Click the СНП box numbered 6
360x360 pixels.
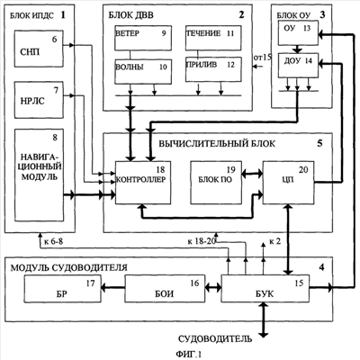(x=39, y=49)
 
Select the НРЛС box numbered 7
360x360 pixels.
(x=39, y=100)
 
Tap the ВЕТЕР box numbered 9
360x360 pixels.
(x=143, y=38)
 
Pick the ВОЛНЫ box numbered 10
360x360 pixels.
(x=143, y=71)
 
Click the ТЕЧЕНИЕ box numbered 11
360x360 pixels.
(x=213, y=37)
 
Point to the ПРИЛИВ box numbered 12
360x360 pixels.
(x=213, y=69)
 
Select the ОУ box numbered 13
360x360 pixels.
(x=298, y=33)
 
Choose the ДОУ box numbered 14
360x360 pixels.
(x=298, y=66)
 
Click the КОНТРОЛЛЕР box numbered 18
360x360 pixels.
(x=143, y=183)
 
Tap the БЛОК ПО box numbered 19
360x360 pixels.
(x=216, y=183)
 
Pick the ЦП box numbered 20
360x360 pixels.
(x=289, y=183)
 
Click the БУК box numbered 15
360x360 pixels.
(x=265, y=288)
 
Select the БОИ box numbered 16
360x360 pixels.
(x=165, y=288)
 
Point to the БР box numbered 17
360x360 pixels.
(x=62, y=288)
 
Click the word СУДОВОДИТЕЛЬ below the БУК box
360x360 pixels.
(x=215, y=339)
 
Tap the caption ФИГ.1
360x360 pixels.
(x=189, y=355)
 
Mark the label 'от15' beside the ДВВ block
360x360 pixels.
(x=263, y=57)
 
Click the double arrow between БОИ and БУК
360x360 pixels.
(x=213, y=288)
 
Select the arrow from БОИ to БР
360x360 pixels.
(x=112, y=288)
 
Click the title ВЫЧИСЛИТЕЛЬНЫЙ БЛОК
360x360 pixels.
(x=217, y=144)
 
